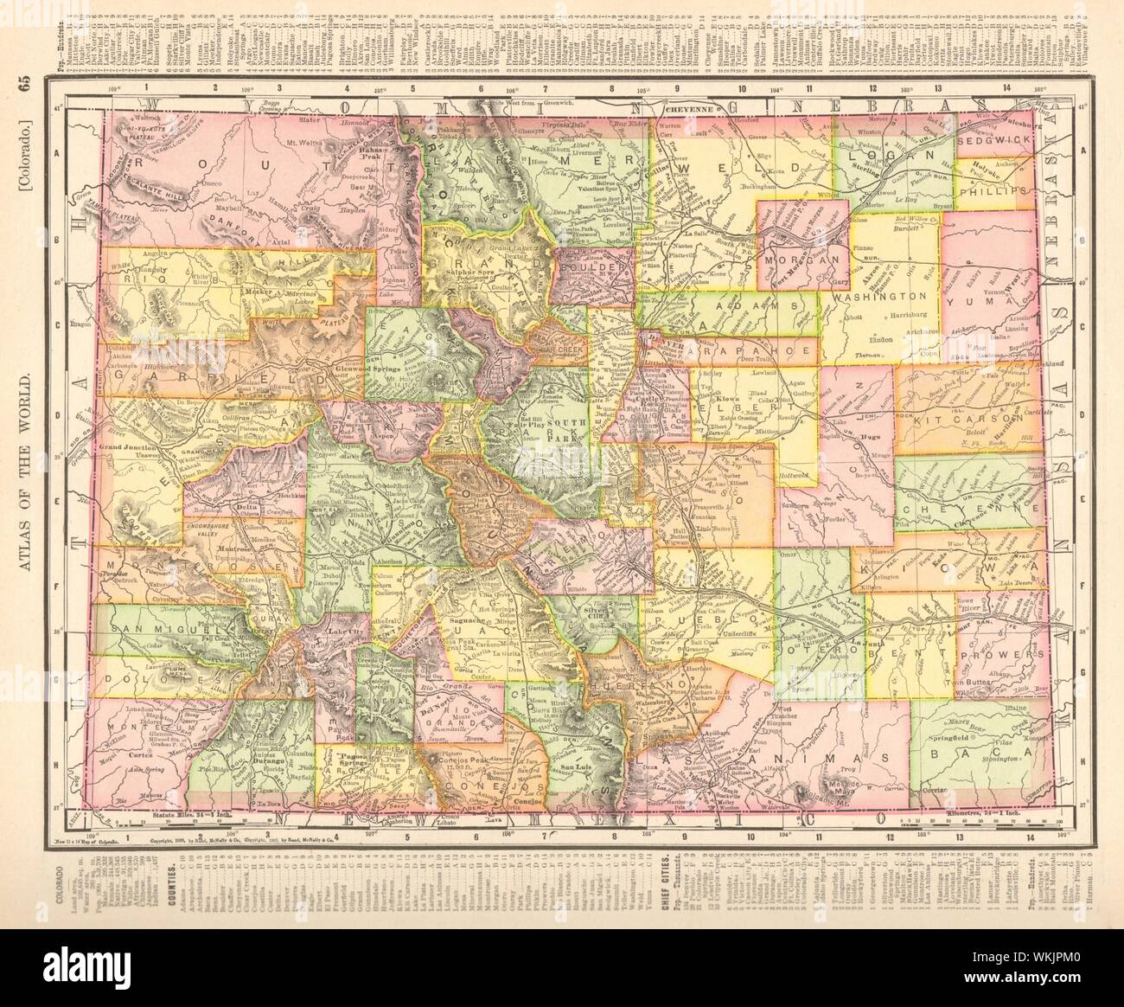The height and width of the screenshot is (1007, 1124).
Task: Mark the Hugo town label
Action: tap(871, 439)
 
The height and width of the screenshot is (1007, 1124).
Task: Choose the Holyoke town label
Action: tap(990, 160)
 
